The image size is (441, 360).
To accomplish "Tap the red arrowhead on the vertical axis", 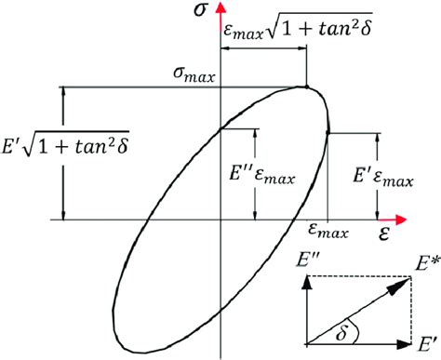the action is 219,7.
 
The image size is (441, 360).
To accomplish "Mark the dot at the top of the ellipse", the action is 307,87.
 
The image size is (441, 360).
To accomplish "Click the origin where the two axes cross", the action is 219,221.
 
